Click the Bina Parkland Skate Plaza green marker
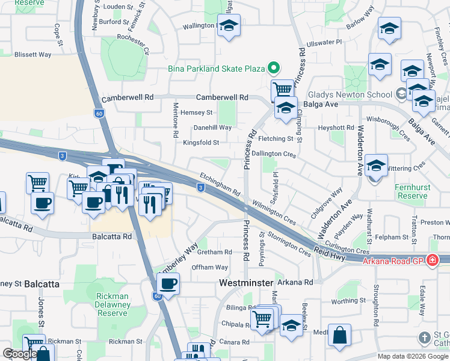274,69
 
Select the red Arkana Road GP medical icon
432,260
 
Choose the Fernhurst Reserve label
413,191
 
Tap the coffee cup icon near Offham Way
168,283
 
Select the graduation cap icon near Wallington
228,26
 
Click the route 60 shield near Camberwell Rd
99,113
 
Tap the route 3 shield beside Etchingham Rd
200,188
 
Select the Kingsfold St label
201,143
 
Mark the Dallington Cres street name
274,155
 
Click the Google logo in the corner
19,354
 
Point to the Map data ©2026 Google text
412,356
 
